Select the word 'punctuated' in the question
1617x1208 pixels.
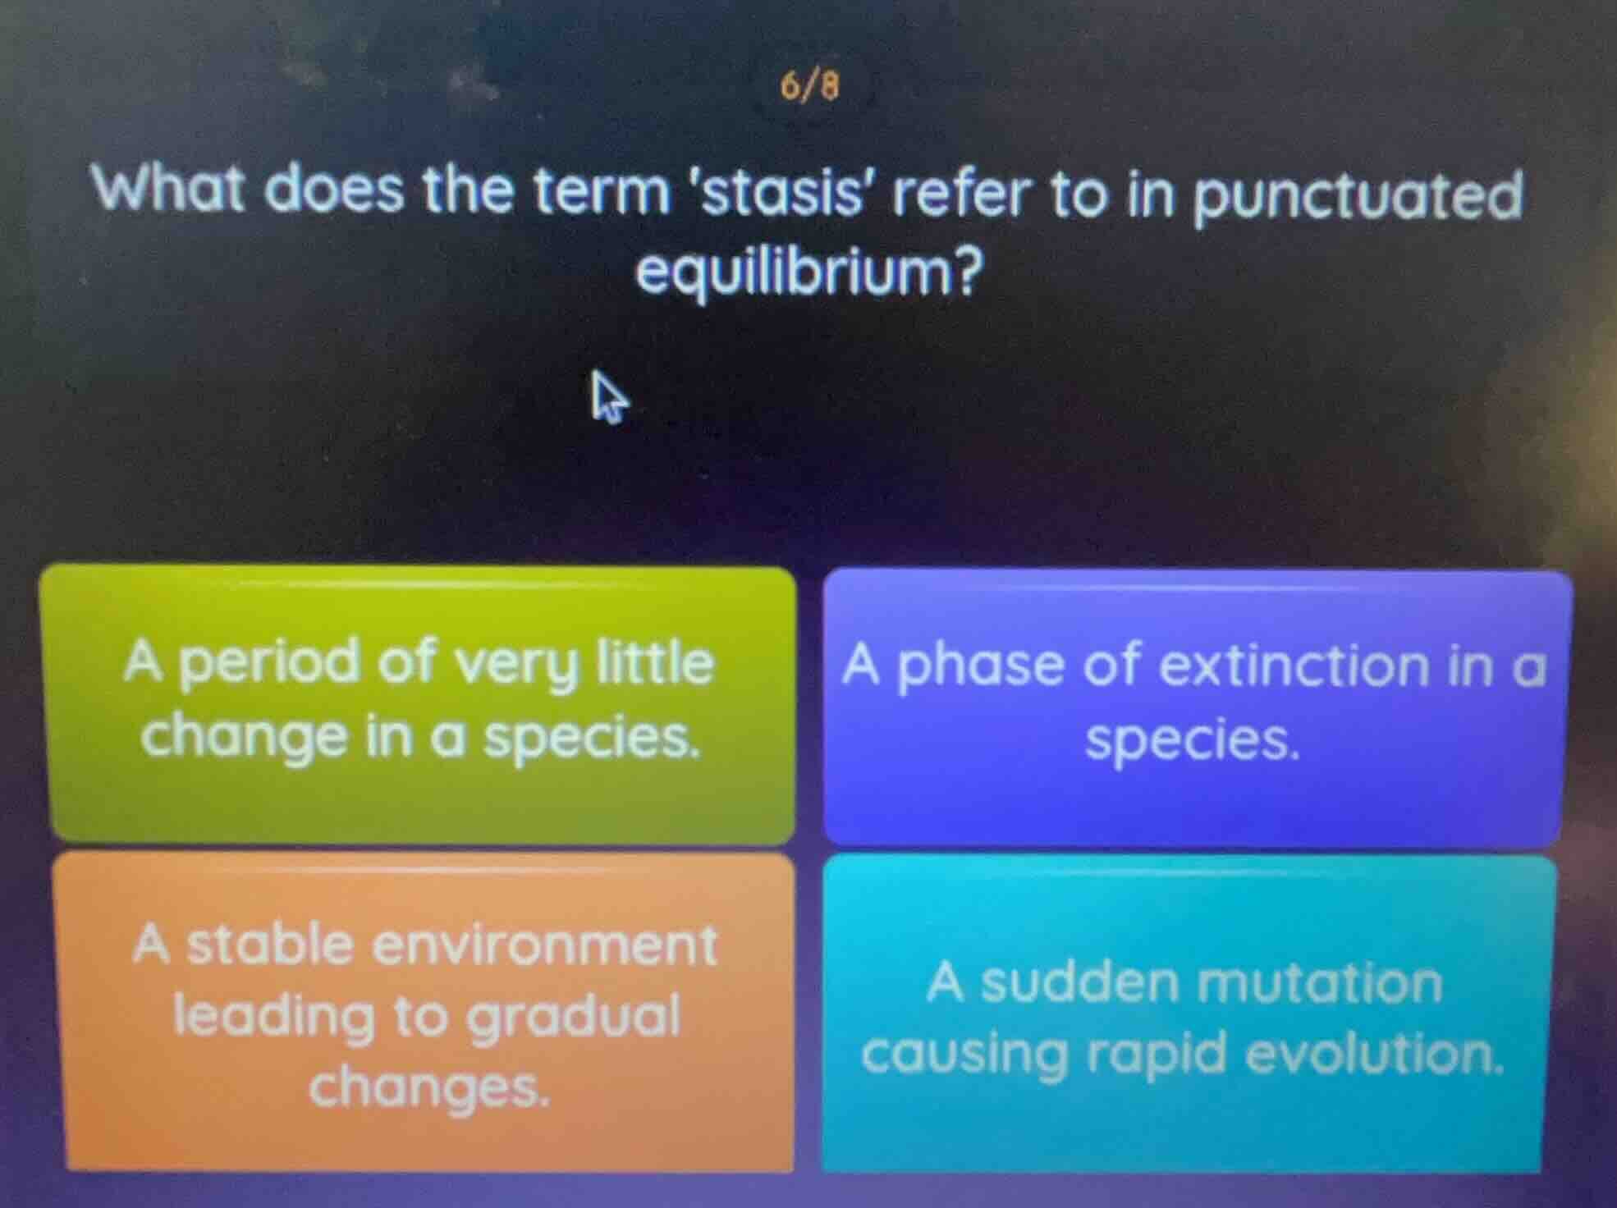coord(1358,197)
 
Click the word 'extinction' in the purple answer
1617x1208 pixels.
coord(1294,666)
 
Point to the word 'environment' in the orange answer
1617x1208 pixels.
coord(545,945)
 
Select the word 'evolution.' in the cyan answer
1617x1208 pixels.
coord(1376,1055)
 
